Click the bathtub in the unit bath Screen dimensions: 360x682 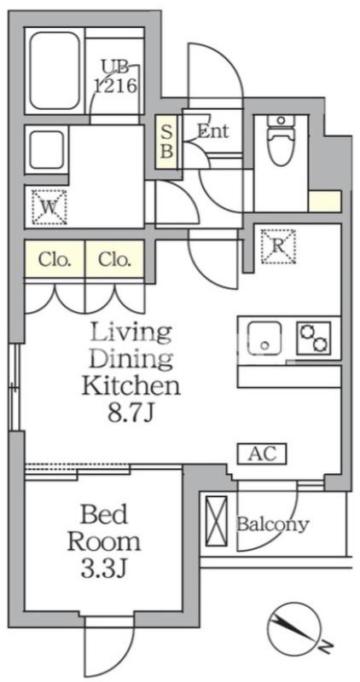pos(55,71)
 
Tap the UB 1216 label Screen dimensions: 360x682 pos(116,78)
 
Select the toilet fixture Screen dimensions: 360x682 pos(282,140)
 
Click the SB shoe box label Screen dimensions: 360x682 pos(167,141)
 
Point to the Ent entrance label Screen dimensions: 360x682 pos(213,131)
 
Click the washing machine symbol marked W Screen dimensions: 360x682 pos(49,206)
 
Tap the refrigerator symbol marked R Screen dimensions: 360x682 pos(278,246)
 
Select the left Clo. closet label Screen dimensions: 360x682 pos(55,260)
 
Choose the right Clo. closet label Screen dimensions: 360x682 pos(114,260)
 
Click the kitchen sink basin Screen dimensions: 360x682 pos(264,338)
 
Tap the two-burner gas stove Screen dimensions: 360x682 pos(313,338)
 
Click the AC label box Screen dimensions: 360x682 pos(262,454)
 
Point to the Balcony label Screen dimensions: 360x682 pos(272,524)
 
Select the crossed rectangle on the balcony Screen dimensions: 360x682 pos(217,520)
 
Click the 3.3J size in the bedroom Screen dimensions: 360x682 pos(103,569)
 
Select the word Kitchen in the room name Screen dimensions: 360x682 pos(131,385)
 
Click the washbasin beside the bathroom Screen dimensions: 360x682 pos(47,150)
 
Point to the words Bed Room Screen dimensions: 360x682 pos(104,529)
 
